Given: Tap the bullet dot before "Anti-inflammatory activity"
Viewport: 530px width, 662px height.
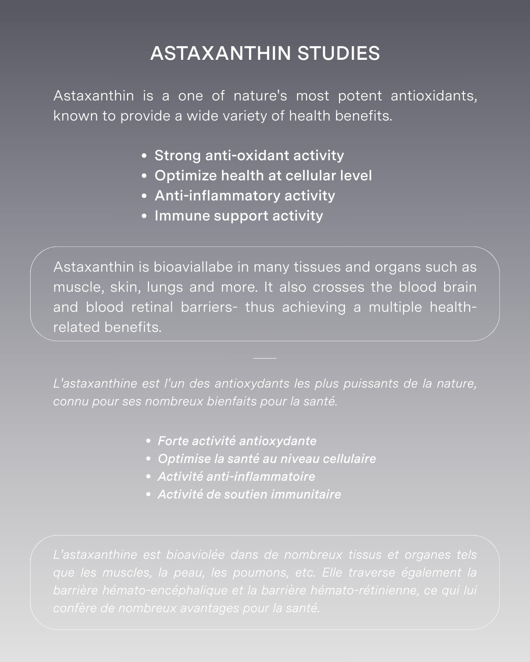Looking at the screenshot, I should [144, 196].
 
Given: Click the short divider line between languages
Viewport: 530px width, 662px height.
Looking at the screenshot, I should [265, 358].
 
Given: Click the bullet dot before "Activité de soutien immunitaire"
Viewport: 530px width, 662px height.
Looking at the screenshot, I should [148, 494].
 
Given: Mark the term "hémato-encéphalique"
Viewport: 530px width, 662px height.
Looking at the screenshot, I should [165, 590].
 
